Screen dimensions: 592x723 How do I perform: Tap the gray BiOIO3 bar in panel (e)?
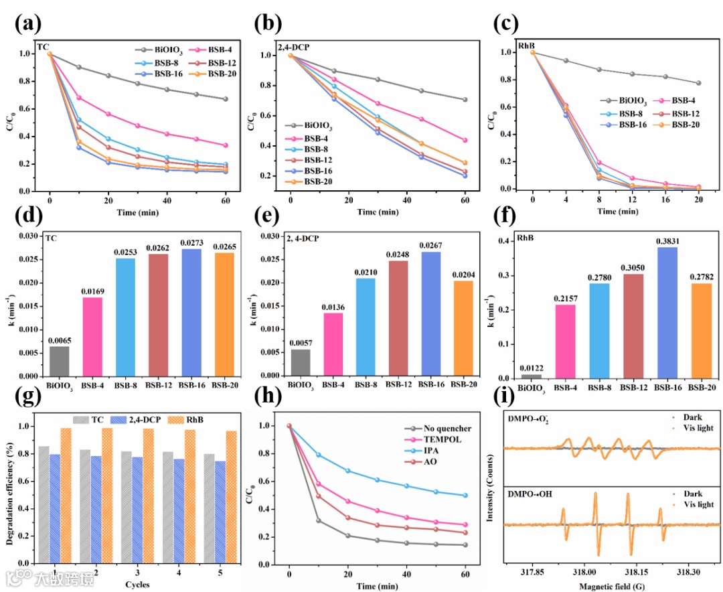tap(300, 362)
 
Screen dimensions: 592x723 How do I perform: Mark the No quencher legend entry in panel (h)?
tap(447, 429)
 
